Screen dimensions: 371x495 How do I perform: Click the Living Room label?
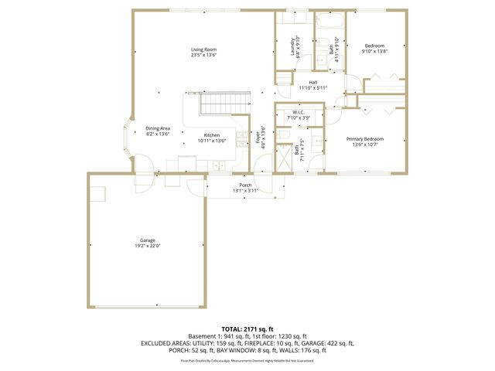204,49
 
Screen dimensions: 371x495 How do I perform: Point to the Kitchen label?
211,135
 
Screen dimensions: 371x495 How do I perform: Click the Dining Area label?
158,128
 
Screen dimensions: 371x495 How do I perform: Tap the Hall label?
312,82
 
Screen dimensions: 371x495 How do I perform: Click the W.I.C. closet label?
299,113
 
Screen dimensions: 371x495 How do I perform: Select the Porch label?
245,185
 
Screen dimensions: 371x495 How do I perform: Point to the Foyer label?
258,138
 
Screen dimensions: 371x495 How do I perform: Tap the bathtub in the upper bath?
331,21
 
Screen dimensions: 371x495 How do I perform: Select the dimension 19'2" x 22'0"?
148,247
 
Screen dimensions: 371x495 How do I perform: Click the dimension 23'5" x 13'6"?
204,56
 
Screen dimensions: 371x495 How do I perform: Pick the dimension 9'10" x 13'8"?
374,52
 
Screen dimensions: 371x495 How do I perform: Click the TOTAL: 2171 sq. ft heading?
247,329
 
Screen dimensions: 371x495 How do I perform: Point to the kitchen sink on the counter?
219,165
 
